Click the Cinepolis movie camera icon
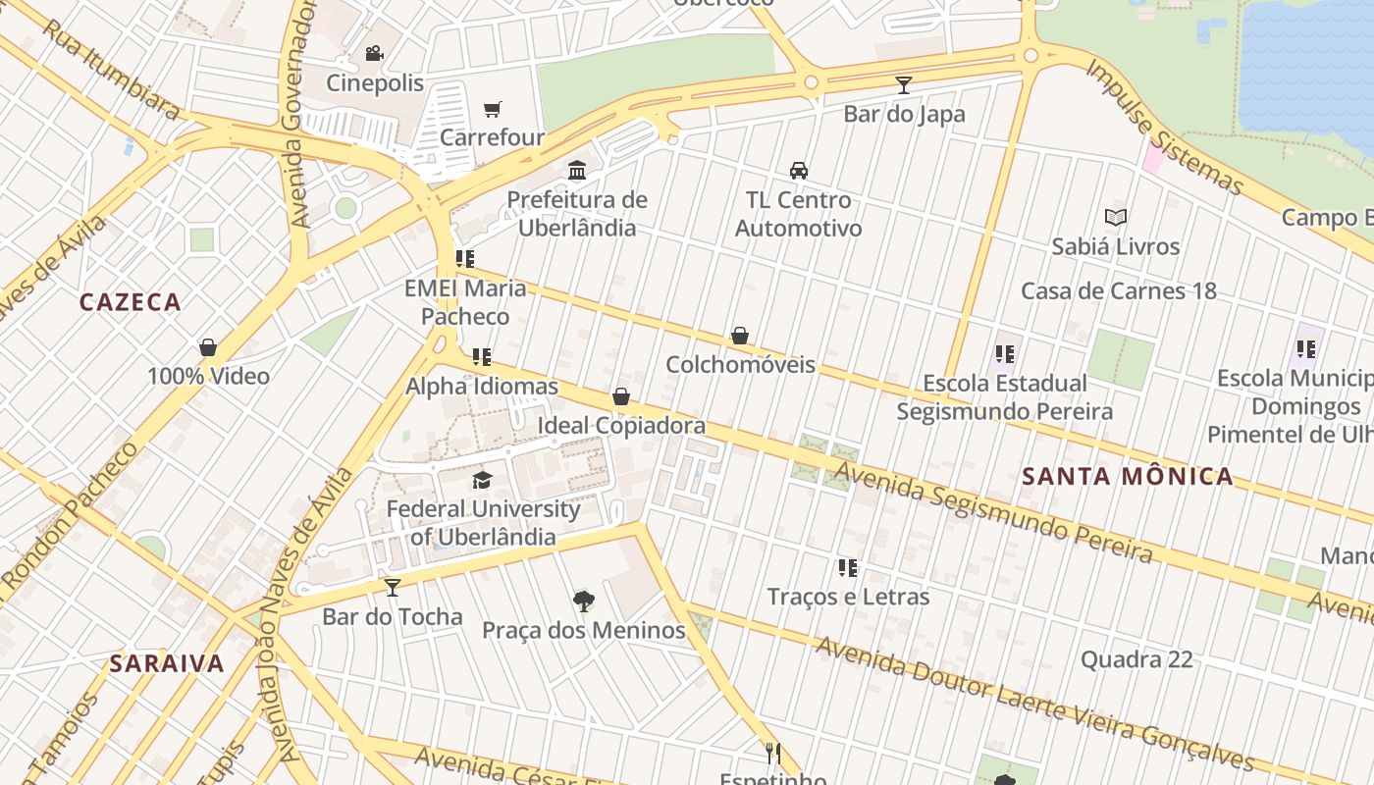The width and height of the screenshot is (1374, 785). click(x=373, y=53)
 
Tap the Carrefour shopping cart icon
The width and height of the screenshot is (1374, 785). click(x=492, y=109)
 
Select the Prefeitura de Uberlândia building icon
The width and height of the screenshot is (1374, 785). click(x=577, y=171)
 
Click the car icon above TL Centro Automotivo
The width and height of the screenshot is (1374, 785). click(x=799, y=171)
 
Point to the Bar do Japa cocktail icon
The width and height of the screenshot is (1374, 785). click(x=904, y=85)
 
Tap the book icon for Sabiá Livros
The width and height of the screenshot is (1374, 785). click(x=1115, y=217)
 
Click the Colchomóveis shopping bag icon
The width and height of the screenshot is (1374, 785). click(x=740, y=337)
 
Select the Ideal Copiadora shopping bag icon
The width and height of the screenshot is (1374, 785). click(x=620, y=396)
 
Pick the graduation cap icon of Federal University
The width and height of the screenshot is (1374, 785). click(x=482, y=480)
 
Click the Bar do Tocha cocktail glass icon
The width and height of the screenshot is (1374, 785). click(x=393, y=588)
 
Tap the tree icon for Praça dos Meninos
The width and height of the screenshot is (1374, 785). click(x=583, y=601)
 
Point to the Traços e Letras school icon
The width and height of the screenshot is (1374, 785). click(x=848, y=567)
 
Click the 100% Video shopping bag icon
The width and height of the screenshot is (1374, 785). click(x=208, y=347)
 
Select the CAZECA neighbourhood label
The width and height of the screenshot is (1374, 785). click(x=131, y=302)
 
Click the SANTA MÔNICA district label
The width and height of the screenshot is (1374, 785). click(x=1128, y=477)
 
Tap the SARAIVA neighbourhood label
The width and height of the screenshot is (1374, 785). click(x=167, y=663)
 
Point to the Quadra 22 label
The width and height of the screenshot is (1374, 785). click(x=1136, y=659)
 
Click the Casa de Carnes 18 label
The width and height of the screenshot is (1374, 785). click(x=1118, y=290)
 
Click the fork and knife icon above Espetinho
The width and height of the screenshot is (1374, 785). click(x=773, y=753)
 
